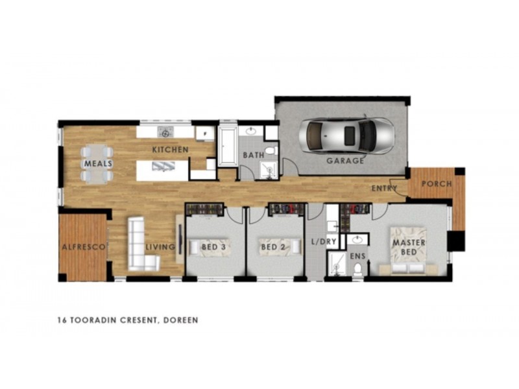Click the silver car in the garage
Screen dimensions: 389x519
coord(346,135)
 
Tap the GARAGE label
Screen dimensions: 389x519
coord(345,161)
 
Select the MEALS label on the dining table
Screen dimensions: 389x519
coord(98,164)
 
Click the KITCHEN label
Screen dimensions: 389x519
coord(170,150)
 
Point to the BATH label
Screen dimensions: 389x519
coord(252,156)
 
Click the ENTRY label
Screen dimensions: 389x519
coord(384,188)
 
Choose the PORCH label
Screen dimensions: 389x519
coord(437,183)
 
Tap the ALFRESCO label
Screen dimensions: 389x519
coord(84,247)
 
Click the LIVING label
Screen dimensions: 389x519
coord(160,247)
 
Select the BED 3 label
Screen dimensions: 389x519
coord(213,247)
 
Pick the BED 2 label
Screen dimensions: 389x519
coord(274,247)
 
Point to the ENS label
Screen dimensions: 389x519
coord(357,256)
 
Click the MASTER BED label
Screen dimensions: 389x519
coord(409,247)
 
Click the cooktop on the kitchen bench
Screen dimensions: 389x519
coord(165,133)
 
